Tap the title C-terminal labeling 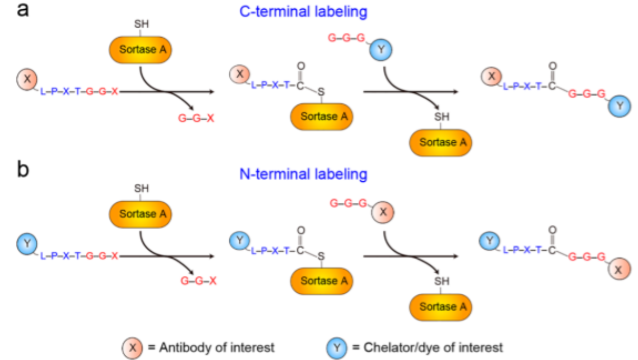pyautogui.click(x=304, y=12)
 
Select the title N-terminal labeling pyautogui.click(x=304, y=175)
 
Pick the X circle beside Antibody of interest pyautogui.click(x=133, y=348)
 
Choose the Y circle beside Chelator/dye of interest pyautogui.click(x=337, y=348)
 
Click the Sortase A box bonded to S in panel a pyautogui.click(x=321, y=116)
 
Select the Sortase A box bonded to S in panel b pyautogui.click(x=321, y=280)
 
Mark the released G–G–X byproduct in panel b pyautogui.click(x=198, y=281)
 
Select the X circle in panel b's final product pyautogui.click(x=620, y=270)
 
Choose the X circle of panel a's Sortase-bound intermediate pyautogui.click(x=239, y=74)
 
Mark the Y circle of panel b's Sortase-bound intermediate pyautogui.click(x=239, y=239)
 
